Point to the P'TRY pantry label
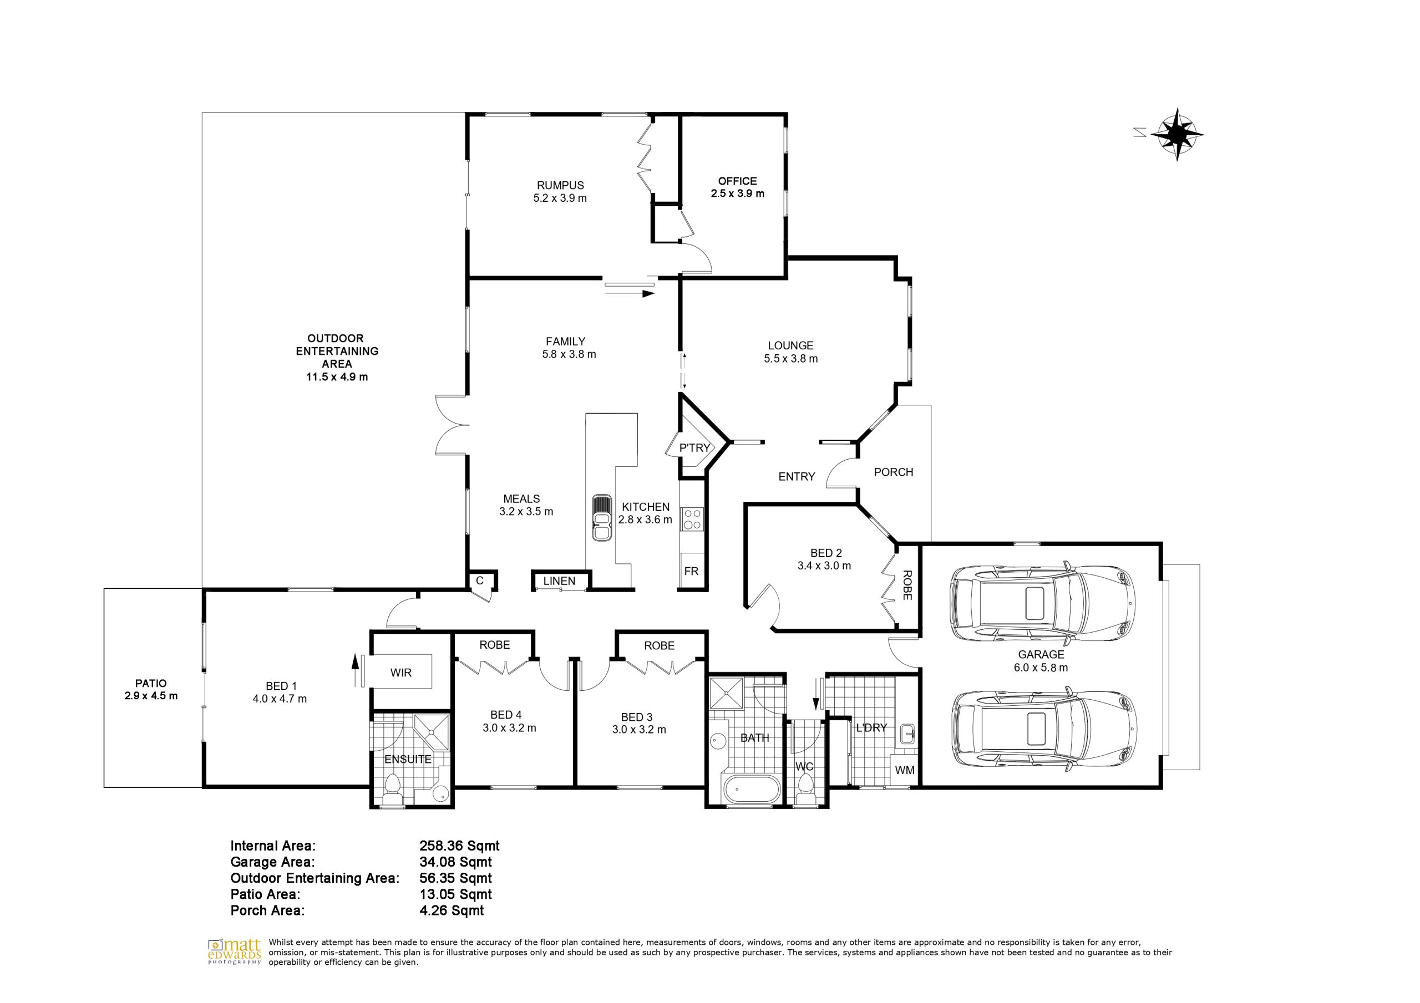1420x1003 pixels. point(694,447)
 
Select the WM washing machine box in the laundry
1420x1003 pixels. point(904,771)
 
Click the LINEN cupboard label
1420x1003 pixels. point(559,581)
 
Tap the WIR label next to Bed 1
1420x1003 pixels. point(401,673)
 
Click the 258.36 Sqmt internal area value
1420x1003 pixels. point(459,846)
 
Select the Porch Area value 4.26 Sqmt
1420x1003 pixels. point(452,910)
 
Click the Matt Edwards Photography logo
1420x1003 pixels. point(235,953)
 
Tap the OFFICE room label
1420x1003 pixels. point(737,181)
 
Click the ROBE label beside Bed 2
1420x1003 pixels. point(907,585)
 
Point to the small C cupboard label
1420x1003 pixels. point(479,581)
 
